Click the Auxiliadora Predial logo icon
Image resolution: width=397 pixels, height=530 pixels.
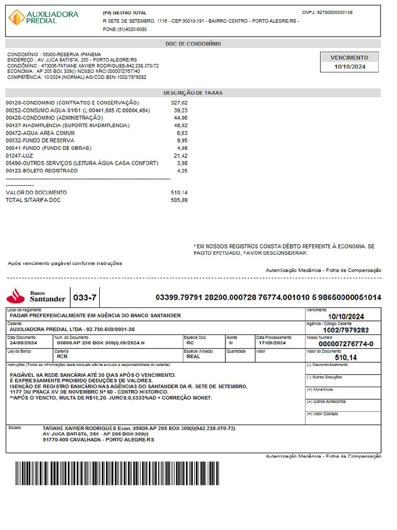click(17, 17)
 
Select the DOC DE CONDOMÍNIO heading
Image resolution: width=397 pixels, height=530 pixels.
click(193, 44)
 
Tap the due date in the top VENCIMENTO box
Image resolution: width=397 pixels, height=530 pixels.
click(349, 67)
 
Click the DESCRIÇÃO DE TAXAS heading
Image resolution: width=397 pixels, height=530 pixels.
click(193, 93)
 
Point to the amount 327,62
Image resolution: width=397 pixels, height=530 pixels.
click(179, 103)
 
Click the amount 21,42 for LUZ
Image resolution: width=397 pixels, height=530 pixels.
click(180, 155)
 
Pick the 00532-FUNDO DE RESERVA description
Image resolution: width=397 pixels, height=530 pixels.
click(40, 140)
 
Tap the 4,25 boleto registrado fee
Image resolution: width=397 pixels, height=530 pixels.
click(181, 170)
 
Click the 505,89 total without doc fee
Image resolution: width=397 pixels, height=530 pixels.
click(179, 200)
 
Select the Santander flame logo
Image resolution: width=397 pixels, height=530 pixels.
click(16, 295)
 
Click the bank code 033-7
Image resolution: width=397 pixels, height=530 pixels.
click(85, 298)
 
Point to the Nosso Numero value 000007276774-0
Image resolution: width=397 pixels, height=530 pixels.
click(346, 344)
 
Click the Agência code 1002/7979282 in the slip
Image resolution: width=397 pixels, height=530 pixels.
click(346, 330)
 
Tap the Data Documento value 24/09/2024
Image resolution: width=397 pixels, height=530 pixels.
click(23, 343)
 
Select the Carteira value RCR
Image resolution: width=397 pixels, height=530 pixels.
click(62, 356)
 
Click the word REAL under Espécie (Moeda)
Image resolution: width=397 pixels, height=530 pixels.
click(193, 356)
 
